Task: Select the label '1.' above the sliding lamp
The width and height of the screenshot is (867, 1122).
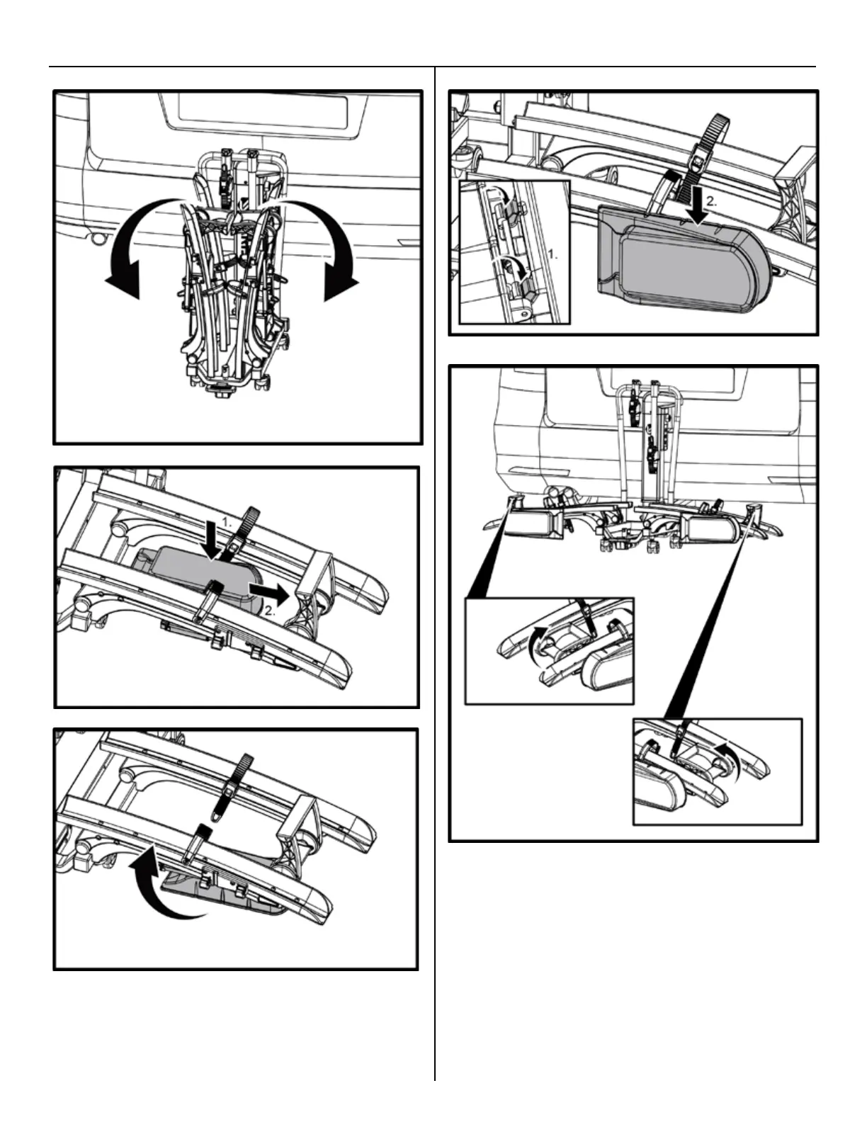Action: [x=227, y=521]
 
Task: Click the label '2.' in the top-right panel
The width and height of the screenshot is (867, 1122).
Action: [x=712, y=200]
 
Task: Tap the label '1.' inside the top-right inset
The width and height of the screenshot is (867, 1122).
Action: [x=554, y=253]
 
